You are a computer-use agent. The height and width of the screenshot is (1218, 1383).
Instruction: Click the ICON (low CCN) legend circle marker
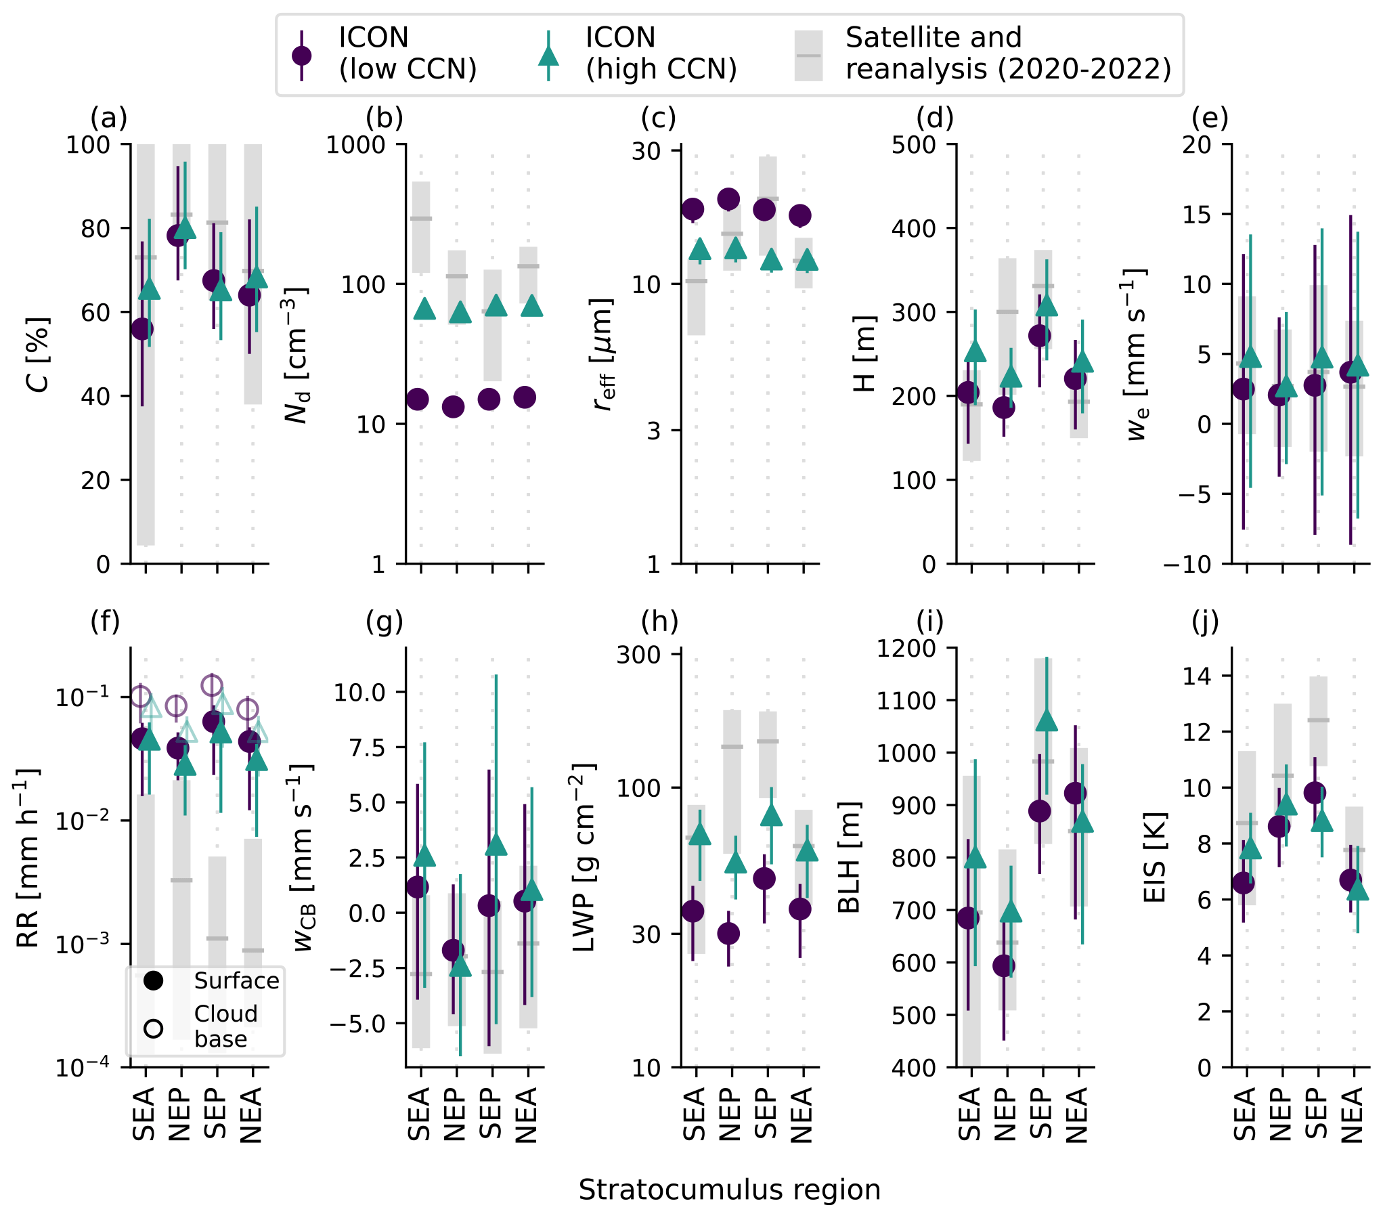301,56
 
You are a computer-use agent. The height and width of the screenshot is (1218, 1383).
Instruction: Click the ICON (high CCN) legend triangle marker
548,56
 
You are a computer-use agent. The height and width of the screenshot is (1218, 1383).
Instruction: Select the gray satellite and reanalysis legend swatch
808,56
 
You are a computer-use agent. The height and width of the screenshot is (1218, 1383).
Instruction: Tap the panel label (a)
109,118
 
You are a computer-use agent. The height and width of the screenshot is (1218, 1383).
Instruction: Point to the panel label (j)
1205,621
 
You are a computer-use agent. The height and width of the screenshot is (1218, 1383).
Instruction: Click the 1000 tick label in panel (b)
356,145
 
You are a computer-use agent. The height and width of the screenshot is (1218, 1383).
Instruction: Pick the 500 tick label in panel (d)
914,145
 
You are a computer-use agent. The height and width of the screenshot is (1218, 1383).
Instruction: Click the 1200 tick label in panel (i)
907,649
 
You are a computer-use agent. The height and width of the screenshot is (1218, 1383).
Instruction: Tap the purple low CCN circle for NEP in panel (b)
453,407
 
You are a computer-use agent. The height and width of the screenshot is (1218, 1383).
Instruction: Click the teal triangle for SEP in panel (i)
1047,720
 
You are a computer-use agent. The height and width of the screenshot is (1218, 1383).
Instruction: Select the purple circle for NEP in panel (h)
728,934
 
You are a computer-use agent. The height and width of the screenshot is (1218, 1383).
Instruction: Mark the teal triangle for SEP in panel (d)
1047,306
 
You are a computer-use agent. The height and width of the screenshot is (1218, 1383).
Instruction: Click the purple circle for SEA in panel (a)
142,329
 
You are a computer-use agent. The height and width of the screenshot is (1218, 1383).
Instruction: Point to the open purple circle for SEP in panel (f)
212,685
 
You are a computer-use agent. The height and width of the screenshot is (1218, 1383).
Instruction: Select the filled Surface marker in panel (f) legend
154,980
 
